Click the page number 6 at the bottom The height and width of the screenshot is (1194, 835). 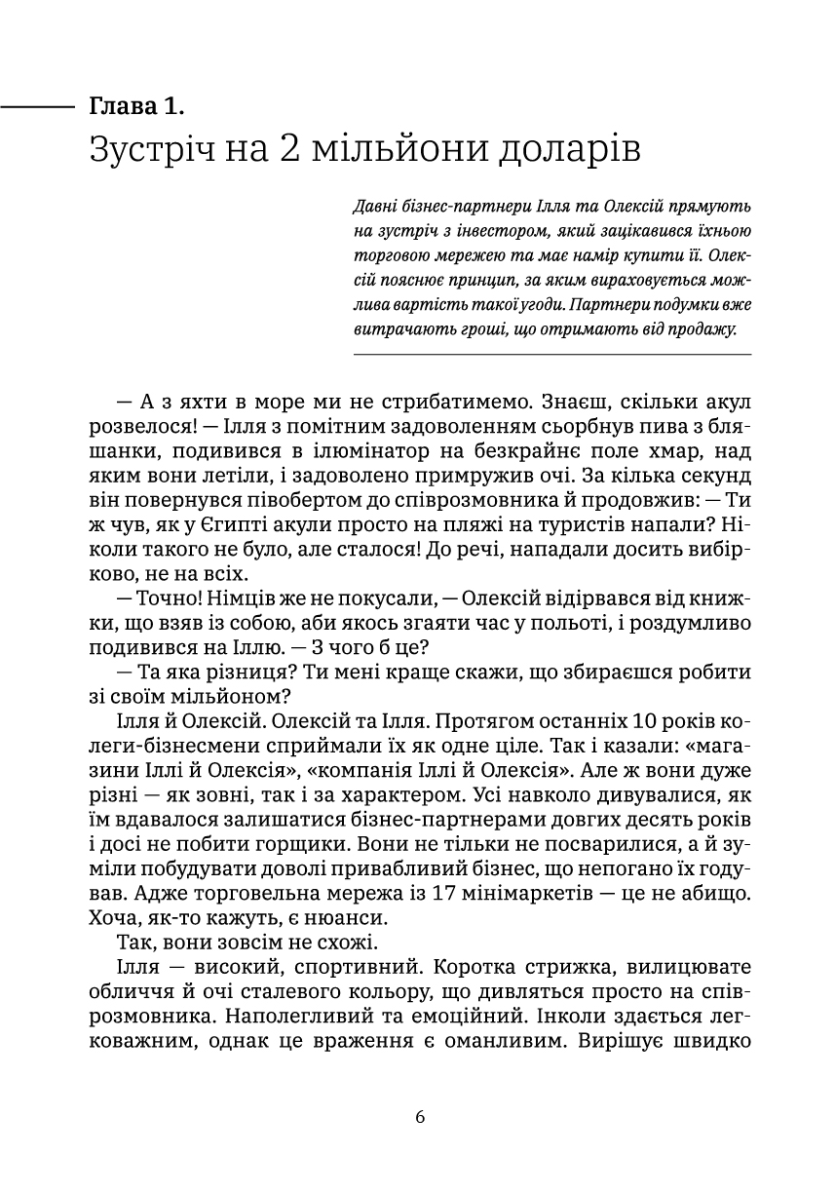(420, 1117)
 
